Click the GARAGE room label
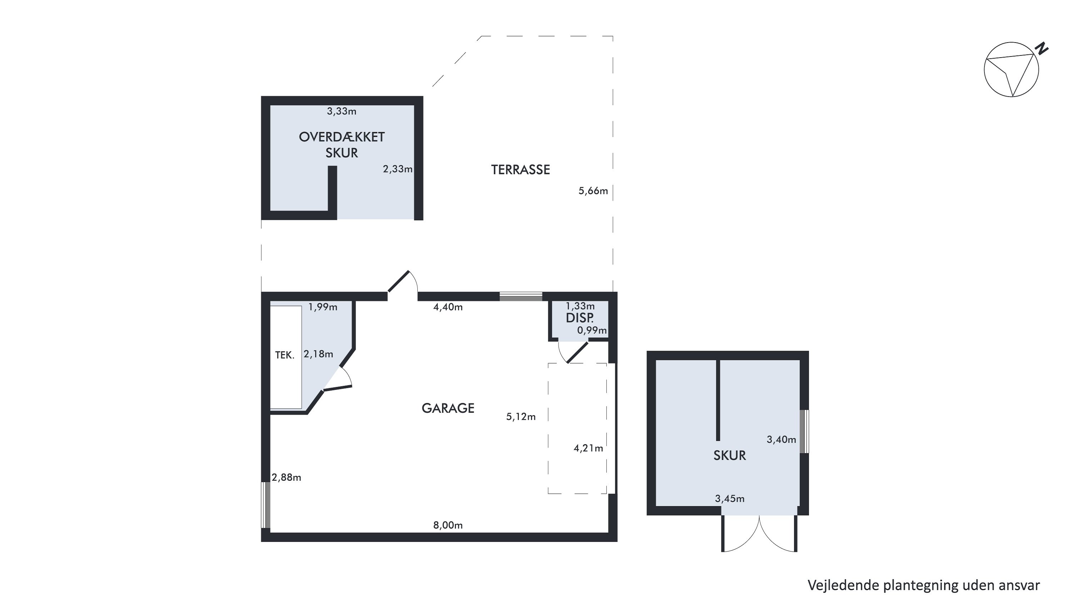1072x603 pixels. (448, 408)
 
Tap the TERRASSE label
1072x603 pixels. (520, 170)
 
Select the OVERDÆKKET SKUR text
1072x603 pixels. (342, 145)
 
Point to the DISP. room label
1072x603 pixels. (580, 318)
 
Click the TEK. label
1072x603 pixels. (285, 355)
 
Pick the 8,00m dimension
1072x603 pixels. (448, 525)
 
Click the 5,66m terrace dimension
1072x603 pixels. (593, 191)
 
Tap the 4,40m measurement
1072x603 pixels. (448, 307)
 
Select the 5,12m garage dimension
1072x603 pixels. (521, 416)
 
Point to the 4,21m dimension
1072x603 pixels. (588, 448)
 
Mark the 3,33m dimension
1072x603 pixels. (341, 111)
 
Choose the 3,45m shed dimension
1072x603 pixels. (730, 499)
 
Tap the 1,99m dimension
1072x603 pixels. (323, 307)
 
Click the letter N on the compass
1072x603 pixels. (1042, 49)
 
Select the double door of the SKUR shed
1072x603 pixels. (759, 534)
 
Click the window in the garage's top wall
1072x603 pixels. (521, 296)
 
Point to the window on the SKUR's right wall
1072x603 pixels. (805, 431)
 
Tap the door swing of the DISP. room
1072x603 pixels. (573, 352)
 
